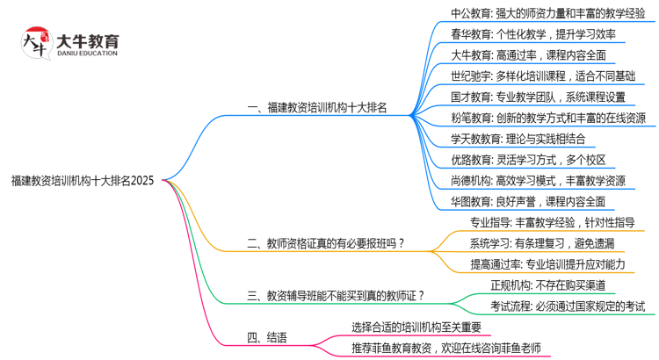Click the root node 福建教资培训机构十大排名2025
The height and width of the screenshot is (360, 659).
pos(83,182)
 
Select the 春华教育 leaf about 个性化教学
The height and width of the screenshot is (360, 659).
pos(532,34)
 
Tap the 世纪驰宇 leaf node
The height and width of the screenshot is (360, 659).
pos(542,76)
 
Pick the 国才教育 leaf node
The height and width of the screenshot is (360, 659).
pos(538,97)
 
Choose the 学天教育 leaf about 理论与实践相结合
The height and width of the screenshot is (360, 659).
pos(525,139)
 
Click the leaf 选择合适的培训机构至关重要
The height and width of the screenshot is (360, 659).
pos(416,328)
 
